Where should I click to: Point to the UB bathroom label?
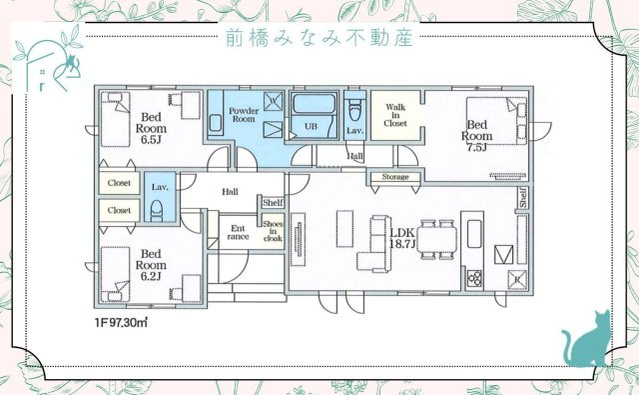click(311, 127)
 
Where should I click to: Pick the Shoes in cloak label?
click(273, 230)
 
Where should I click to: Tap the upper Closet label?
click(120, 184)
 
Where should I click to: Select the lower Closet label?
click(120, 210)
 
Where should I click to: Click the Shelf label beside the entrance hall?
click(272, 203)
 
